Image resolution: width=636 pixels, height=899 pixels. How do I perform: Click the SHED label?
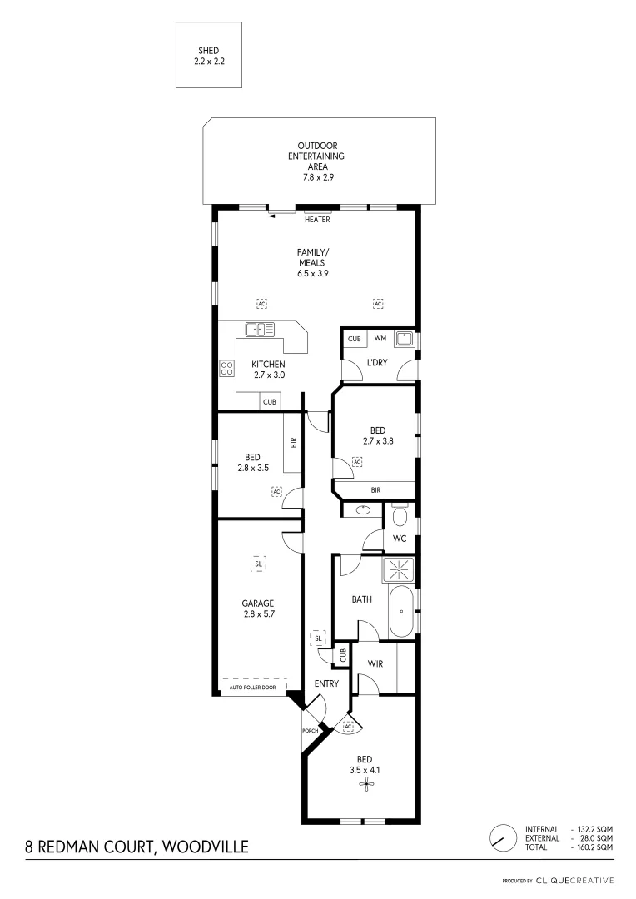[208, 51]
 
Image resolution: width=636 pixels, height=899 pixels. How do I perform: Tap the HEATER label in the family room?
[317, 220]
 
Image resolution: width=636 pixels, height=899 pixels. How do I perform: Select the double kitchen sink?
[260, 329]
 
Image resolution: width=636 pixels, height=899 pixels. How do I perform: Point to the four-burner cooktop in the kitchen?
[226, 369]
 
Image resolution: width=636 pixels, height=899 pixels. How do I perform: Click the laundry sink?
[404, 338]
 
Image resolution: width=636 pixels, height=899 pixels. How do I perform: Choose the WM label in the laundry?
[380, 339]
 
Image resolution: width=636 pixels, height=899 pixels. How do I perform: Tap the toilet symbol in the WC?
[399, 516]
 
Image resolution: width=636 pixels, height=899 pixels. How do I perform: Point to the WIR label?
[374, 663]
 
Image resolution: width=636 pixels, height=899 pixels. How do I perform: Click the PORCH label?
[311, 731]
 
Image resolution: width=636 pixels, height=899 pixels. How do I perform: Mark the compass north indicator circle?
[501, 837]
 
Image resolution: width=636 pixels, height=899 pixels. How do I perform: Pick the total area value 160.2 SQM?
[594, 847]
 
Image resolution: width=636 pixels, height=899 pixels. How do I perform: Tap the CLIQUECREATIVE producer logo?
[575, 880]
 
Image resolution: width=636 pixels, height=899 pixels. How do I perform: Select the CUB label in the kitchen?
[270, 402]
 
